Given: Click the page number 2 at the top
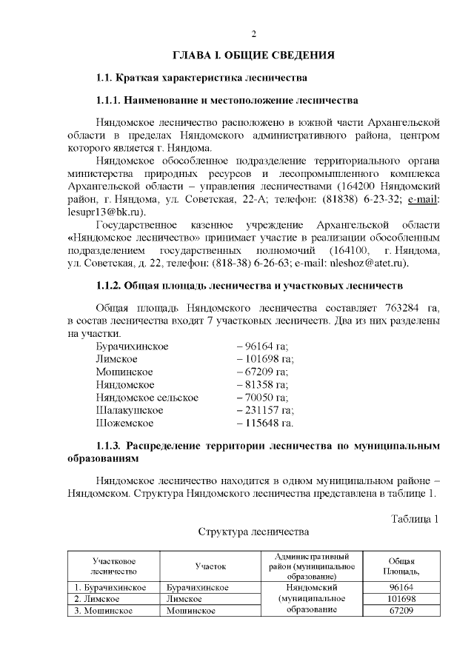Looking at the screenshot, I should [x=253, y=34].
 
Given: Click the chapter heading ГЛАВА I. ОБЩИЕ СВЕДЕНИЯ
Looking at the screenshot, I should [x=253, y=56].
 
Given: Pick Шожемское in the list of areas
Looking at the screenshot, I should [x=124, y=423].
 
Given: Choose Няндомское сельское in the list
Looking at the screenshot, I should [x=147, y=398].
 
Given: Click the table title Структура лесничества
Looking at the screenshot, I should [x=253, y=532].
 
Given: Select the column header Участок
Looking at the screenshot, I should [x=210, y=566].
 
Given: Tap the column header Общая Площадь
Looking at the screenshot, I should [x=401, y=566].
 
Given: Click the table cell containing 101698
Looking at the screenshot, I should [x=401, y=599].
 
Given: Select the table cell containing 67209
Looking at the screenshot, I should [x=401, y=611].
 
